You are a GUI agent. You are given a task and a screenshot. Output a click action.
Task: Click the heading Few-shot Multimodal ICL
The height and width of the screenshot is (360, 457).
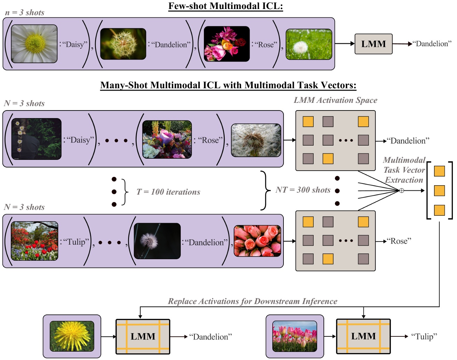point(225,6)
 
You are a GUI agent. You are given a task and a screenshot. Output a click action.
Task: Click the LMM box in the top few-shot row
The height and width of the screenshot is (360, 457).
point(373,44)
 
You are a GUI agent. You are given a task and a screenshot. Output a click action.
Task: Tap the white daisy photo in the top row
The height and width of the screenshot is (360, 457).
point(34,43)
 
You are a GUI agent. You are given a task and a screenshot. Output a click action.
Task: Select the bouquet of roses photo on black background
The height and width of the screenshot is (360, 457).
point(226,44)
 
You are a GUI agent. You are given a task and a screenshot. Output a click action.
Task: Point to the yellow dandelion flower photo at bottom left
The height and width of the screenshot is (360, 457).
point(72,336)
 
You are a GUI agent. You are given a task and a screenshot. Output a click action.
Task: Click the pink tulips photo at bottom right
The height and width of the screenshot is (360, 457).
point(295,336)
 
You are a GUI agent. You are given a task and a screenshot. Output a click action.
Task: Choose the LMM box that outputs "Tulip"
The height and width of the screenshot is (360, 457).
point(363,336)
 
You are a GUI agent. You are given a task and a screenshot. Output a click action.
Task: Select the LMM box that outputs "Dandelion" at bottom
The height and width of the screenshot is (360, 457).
point(143,336)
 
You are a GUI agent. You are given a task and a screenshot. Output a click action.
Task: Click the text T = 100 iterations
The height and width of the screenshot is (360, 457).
point(168,192)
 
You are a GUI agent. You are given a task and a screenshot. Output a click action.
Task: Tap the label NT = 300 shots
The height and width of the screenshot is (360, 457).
point(303,190)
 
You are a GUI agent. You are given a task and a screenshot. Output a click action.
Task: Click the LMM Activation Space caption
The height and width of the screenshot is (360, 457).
point(335,100)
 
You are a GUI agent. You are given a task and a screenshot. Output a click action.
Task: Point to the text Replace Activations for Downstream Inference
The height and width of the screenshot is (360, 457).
point(252,301)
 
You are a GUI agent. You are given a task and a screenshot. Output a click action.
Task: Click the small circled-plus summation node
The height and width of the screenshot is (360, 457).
point(401,190)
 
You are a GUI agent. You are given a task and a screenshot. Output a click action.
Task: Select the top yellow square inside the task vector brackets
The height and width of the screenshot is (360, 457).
point(439,171)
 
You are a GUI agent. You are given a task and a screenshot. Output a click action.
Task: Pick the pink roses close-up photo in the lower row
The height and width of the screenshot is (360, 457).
point(257,241)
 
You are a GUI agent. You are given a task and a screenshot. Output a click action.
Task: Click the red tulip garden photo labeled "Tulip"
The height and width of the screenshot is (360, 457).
point(34,241)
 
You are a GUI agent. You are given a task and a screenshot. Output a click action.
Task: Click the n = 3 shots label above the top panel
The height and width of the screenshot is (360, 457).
point(25,13)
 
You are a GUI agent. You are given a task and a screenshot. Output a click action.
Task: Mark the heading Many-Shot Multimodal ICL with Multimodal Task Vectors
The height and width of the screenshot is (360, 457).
point(228,85)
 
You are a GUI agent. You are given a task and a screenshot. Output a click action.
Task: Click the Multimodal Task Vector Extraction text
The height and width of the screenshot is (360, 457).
point(404,170)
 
